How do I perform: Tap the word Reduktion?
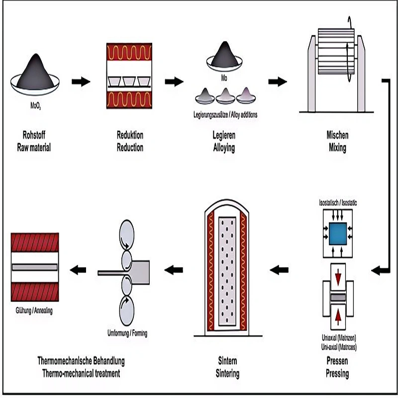point(130,135)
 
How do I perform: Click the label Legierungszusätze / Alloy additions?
point(225,115)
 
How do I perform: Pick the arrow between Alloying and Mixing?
point(277,82)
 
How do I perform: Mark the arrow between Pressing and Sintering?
point(279,270)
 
